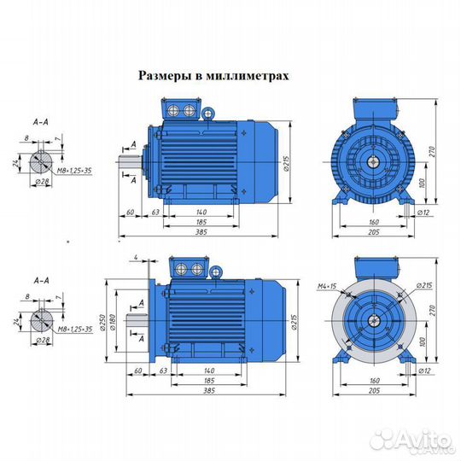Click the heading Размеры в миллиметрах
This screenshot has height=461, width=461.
point(213,75)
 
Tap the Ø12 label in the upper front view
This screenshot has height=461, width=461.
point(424,211)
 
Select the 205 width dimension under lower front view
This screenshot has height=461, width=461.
point(373,391)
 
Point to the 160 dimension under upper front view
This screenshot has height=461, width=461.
point(373,221)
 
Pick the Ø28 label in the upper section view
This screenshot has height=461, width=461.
point(40,183)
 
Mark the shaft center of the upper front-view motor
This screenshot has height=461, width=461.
point(373,160)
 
